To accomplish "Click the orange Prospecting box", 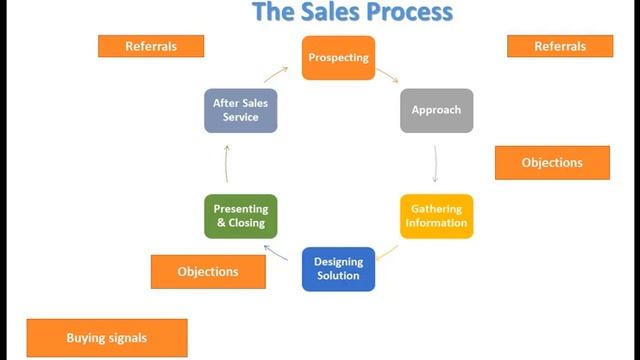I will (x=338, y=57).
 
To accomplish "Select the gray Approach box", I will (x=436, y=110).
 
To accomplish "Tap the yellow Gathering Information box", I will (x=436, y=216).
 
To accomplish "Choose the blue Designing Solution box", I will (x=338, y=269).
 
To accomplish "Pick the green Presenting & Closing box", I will (x=240, y=216).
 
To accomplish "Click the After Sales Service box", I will (x=240, y=110).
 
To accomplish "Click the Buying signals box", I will (x=106, y=338).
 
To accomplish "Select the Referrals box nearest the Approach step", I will (x=559, y=46).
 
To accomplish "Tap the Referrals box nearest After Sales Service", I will (x=150, y=46).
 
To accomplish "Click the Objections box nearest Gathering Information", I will (x=552, y=163).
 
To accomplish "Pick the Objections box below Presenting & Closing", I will (x=208, y=271).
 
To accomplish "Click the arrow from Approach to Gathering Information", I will (x=436, y=163).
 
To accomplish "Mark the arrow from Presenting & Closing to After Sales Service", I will (x=227, y=163).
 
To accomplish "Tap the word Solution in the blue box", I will (x=338, y=276).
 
